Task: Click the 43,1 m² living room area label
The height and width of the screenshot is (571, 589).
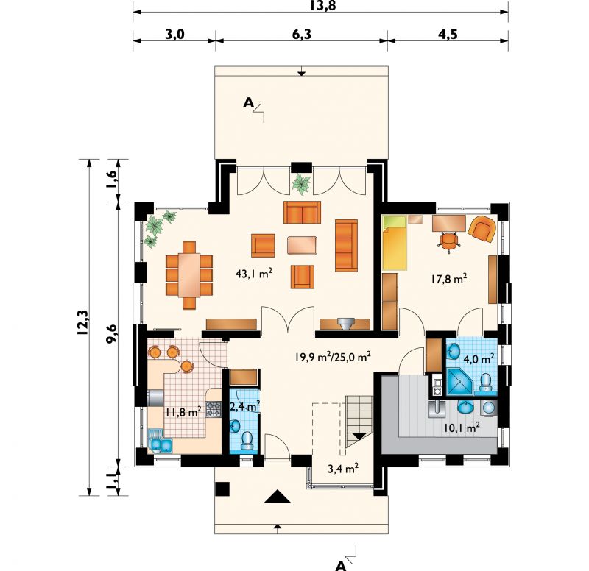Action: [x=253, y=273]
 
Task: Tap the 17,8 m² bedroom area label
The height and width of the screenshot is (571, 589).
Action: [x=448, y=279]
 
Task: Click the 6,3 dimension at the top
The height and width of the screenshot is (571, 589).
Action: [x=302, y=34]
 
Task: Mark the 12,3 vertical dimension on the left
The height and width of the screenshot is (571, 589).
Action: [x=83, y=322]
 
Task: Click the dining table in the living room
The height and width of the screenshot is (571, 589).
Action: [x=189, y=274]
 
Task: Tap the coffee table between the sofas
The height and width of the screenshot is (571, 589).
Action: [x=303, y=245]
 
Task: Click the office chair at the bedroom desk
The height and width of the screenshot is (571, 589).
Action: [x=448, y=241]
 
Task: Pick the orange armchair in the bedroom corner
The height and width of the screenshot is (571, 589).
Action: [x=482, y=228]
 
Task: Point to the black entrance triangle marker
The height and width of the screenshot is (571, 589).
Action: [x=278, y=496]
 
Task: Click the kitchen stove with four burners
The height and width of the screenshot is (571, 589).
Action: [x=214, y=409]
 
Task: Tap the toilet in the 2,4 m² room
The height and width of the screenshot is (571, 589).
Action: [x=247, y=440]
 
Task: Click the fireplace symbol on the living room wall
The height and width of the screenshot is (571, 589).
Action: [x=345, y=324]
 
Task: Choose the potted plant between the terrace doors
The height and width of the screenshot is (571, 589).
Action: [x=302, y=184]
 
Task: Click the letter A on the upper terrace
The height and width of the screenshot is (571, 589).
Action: [x=249, y=102]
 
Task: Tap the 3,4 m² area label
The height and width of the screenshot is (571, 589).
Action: [x=342, y=469]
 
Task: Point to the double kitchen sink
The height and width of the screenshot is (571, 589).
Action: [x=161, y=444]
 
